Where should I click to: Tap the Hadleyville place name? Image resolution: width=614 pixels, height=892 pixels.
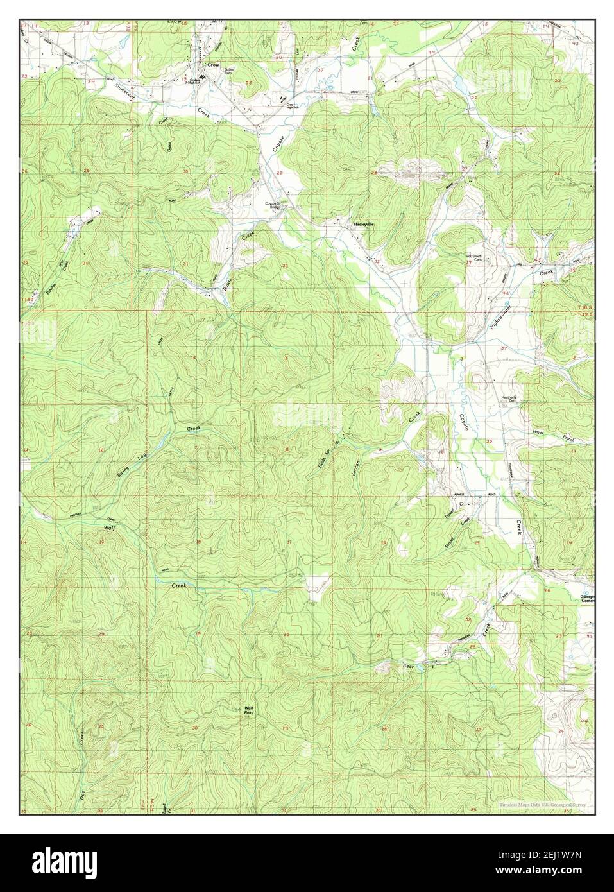pyautogui.click(x=362, y=224)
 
